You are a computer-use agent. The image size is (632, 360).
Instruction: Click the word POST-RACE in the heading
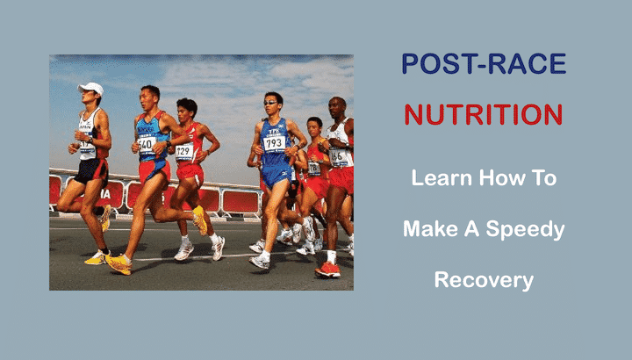[x=484, y=64]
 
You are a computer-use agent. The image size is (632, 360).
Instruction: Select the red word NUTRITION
[x=484, y=114]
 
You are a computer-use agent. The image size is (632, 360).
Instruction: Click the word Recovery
[x=484, y=281]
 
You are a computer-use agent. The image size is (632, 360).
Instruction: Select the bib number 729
[x=184, y=151]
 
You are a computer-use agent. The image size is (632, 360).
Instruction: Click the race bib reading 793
[x=274, y=142]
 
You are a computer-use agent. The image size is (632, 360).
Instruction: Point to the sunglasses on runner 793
[x=272, y=103]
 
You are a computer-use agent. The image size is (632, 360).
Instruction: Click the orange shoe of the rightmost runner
[x=328, y=270]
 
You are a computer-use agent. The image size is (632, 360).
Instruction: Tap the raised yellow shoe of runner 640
[x=200, y=220]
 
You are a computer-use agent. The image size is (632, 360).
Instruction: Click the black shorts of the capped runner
[x=90, y=169]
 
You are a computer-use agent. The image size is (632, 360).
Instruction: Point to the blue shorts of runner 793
[x=276, y=175]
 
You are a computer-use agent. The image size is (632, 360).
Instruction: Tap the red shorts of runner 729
[x=190, y=172]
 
